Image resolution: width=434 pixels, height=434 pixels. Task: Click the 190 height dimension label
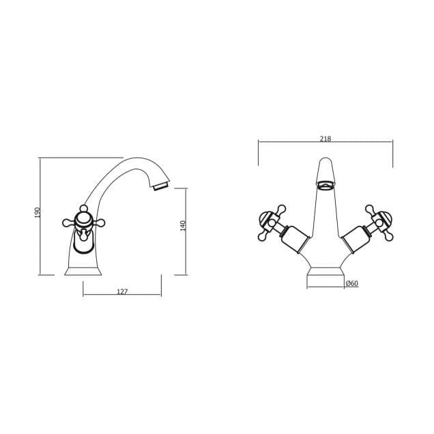38,213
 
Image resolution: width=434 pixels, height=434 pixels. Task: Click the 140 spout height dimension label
183,226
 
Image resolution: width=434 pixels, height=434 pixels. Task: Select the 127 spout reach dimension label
122,291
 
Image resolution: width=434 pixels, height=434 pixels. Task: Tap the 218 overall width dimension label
325,139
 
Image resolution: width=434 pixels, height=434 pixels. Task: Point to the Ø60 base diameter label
352,283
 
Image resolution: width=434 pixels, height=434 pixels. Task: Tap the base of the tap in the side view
83,270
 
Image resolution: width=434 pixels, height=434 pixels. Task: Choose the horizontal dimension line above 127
122,295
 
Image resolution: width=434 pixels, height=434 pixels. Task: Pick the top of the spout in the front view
325,164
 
